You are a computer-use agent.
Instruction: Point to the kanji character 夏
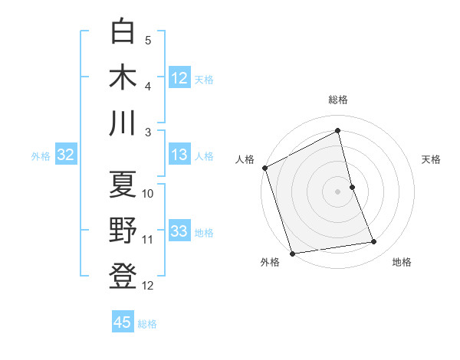click(123, 185)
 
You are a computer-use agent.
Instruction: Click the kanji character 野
click(123, 231)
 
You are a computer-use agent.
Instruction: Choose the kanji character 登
click(123, 276)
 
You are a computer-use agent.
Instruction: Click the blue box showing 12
click(179, 77)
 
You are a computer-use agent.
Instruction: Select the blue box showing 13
click(179, 155)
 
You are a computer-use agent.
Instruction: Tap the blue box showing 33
click(179, 231)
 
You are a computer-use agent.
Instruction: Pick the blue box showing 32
click(65, 155)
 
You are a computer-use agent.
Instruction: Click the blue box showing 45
click(123, 322)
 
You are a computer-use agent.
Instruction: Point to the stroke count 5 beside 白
click(148, 40)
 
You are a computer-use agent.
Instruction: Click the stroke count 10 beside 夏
click(148, 193)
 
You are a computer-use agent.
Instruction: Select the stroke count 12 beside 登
click(148, 286)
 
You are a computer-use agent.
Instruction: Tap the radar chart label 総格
click(338, 100)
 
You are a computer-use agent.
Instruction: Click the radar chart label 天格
click(432, 159)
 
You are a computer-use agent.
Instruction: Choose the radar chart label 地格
click(402, 263)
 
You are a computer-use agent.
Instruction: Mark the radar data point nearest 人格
click(264, 168)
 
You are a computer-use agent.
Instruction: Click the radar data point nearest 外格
click(292, 254)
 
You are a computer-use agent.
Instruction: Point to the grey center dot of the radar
click(338, 191)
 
